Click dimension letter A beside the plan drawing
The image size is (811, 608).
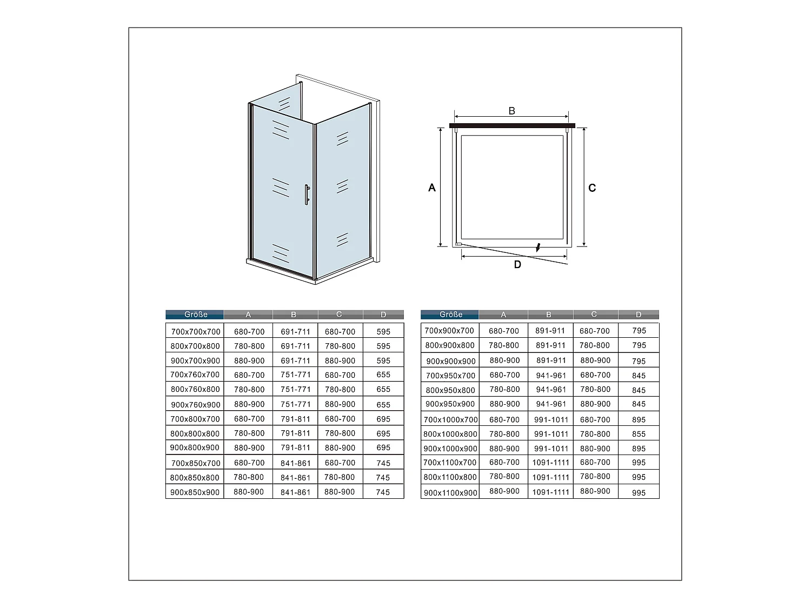(431, 188)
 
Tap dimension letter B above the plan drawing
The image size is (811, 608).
(511, 111)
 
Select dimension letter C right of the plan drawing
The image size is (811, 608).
(592, 188)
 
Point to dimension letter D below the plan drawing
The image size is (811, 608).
(517, 264)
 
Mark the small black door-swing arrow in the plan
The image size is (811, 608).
(538, 248)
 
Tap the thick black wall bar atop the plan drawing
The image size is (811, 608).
(511, 125)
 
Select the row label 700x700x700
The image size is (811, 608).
(195, 332)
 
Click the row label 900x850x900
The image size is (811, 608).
(195, 492)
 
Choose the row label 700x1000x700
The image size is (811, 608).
(450, 419)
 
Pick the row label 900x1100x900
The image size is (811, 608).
(450, 493)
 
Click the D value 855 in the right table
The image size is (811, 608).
(639, 434)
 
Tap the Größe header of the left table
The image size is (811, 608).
(195, 315)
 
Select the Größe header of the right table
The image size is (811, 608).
(450, 315)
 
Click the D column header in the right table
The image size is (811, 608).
(639, 315)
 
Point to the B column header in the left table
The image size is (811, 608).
(294, 315)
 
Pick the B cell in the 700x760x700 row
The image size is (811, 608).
(295, 375)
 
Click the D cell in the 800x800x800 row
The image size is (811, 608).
(383, 433)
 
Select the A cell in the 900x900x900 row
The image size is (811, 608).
(504, 360)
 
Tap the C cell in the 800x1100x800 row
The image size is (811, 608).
(595, 477)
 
